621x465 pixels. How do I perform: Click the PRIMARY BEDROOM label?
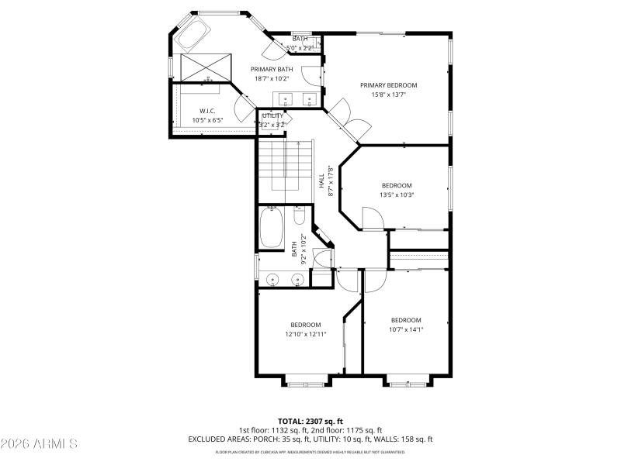coord(388,85)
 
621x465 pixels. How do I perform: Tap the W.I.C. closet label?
coord(206,111)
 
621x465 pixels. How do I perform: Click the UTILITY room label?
coord(272,115)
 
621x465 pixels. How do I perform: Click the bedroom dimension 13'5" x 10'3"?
coord(396,195)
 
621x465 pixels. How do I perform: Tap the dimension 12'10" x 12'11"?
coord(306,334)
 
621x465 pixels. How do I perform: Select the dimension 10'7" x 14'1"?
coord(405,329)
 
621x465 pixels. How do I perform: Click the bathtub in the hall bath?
coord(271,227)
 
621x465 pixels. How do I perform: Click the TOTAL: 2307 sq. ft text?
coord(310,421)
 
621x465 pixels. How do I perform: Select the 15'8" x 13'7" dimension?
coord(388,95)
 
